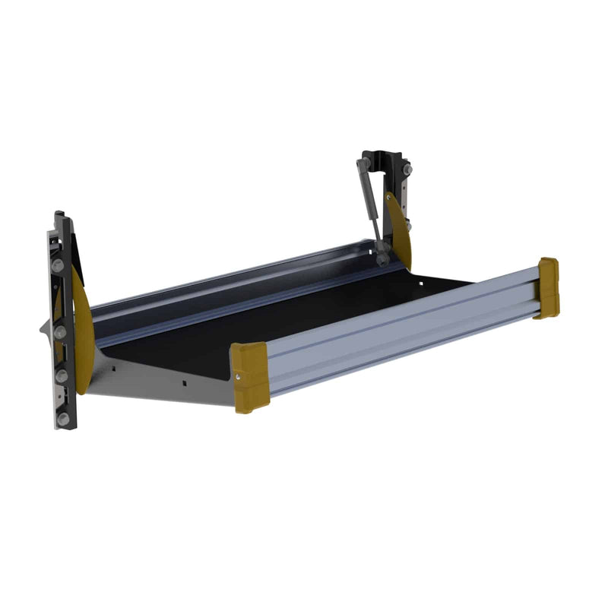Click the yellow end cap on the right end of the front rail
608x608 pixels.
[546, 287]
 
